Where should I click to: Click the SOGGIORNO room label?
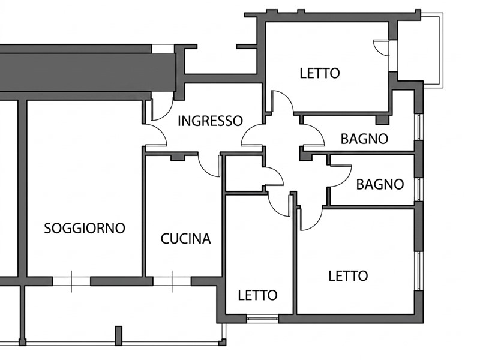point(85,229)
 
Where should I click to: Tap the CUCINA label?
point(186,239)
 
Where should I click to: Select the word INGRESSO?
point(211,121)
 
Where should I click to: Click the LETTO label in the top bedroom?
point(320,73)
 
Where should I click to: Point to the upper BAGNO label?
point(364,139)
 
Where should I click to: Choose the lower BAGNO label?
point(380,185)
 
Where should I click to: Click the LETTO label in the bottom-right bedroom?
point(348,276)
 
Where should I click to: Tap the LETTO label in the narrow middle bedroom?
point(258,295)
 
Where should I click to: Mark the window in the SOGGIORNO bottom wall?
point(71,281)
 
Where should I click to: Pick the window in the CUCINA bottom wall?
point(172,281)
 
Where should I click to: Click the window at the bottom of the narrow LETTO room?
point(262,319)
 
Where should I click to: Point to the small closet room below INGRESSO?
point(244,173)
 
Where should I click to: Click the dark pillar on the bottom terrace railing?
point(118,336)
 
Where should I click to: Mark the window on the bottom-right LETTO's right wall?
point(418,272)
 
